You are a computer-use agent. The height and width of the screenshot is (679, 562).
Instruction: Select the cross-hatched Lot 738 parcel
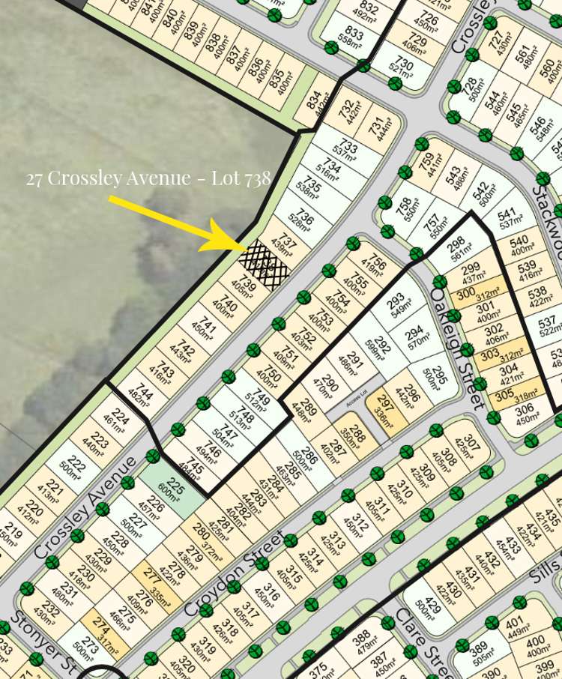tap(264, 261)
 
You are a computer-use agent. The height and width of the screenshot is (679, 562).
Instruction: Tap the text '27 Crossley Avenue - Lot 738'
tap(148, 178)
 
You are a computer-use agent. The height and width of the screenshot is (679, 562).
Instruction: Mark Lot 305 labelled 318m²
tap(514, 393)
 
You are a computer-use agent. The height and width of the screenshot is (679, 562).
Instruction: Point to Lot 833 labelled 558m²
tap(352, 38)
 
